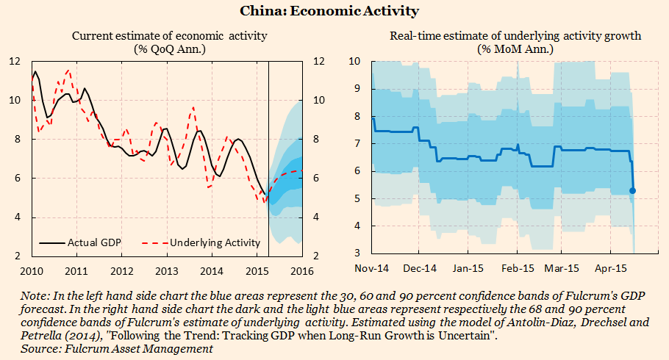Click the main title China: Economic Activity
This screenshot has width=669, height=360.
pos(334,11)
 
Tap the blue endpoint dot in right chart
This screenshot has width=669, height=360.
pos(632,191)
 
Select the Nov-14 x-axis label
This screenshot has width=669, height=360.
pos(373,270)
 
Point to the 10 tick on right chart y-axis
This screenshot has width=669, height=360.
pos(354,61)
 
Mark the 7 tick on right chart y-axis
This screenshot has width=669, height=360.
pos(357,143)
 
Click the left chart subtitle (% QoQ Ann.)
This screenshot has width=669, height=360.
pos(169,49)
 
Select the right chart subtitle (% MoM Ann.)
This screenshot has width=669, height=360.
pos(515,49)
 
